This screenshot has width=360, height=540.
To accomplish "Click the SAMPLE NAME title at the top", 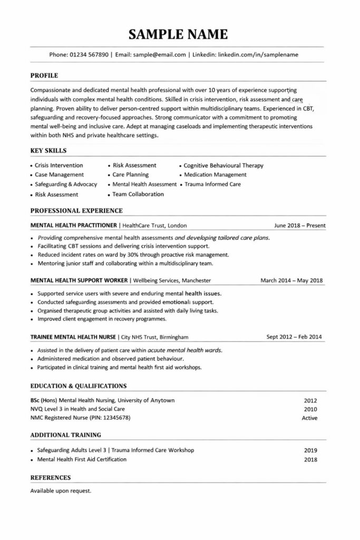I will [x=179, y=35].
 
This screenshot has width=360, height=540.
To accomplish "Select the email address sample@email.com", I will [x=160, y=54].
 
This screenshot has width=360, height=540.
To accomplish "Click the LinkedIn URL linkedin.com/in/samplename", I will [x=258, y=54].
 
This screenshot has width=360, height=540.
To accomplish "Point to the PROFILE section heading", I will [x=44, y=75].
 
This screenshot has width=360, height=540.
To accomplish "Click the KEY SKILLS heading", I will [x=48, y=151].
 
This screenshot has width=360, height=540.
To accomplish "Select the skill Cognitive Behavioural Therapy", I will [x=223, y=166].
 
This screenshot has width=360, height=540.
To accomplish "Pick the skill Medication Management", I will [x=215, y=175].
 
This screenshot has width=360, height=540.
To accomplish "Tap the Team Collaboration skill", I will [x=138, y=194].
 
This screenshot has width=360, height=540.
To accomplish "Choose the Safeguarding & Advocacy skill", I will [x=66, y=185].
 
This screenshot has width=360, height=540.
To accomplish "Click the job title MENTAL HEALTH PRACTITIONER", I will [x=74, y=225].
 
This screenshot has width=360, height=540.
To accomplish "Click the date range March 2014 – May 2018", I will [x=291, y=281].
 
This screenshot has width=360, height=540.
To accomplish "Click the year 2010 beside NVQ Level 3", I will [x=310, y=409].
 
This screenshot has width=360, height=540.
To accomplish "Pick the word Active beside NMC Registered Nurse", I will [x=309, y=418].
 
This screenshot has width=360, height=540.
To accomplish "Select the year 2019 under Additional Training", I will [x=310, y=451].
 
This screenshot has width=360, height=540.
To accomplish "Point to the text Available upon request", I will [x=61, y=490].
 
